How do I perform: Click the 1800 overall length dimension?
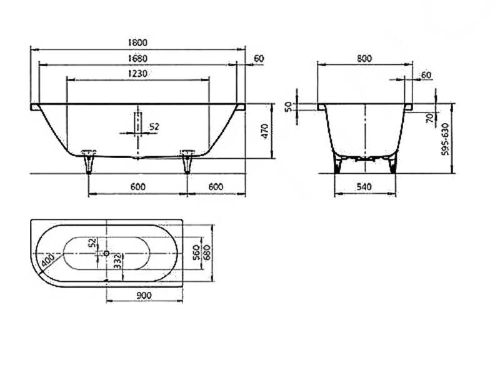[137, 42]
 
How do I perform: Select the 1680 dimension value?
[137, 58]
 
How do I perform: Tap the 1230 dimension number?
[137, 74]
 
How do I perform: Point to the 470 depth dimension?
[265, 131]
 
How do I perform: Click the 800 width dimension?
[364, 58]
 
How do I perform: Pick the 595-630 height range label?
[445, 139]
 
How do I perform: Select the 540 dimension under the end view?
[364, 186]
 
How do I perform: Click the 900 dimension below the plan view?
[144, 296]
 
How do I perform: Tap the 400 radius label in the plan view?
[48, 260]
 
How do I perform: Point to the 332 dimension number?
[117, 261]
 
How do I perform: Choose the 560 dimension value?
[196, 252]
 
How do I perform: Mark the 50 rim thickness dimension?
[288, 106]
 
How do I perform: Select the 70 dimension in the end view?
[430, 118]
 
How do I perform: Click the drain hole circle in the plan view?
[106, 253]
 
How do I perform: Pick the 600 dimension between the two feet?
[137, 186]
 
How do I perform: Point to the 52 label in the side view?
[154, 127]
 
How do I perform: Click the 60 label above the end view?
[426, 75]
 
